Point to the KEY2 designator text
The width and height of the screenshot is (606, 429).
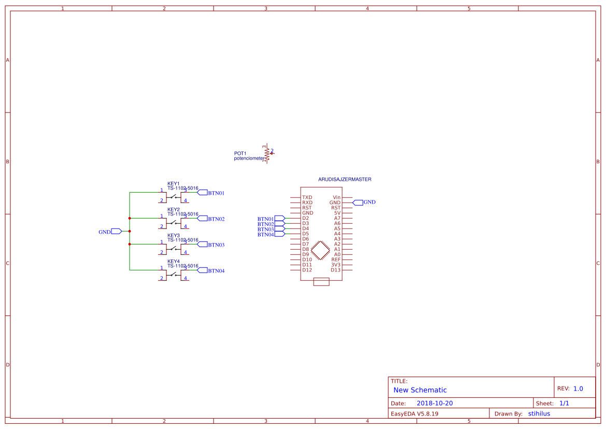[173, 209]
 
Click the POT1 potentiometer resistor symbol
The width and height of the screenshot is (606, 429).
[267, 153]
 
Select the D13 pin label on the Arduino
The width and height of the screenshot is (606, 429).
[335, 270]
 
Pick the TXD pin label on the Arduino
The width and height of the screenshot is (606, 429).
[307, 197]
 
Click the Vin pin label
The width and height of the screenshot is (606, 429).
[336, 197]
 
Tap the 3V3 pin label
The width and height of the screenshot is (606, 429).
[336, 265]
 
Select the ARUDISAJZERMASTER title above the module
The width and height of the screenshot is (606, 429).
[344, 179]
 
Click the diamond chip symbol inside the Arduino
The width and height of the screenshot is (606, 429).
[321, 250]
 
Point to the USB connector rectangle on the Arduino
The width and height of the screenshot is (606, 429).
[321, 281]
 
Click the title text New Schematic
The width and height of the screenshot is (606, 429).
[420, 390]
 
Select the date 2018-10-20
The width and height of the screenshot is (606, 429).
[434, 403]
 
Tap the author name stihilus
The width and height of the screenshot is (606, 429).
[539, 413]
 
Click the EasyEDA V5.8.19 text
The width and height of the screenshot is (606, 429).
[414, 413]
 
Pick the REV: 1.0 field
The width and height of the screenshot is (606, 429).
[570, 389]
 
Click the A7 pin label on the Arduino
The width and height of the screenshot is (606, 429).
[337, 218]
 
